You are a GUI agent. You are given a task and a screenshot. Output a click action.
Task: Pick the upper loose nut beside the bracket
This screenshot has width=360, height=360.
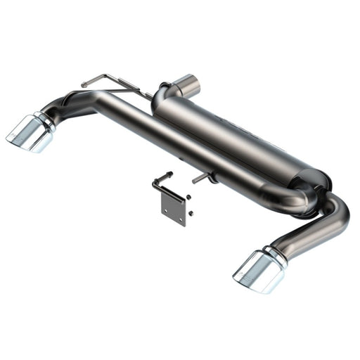tap(188, 199)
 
